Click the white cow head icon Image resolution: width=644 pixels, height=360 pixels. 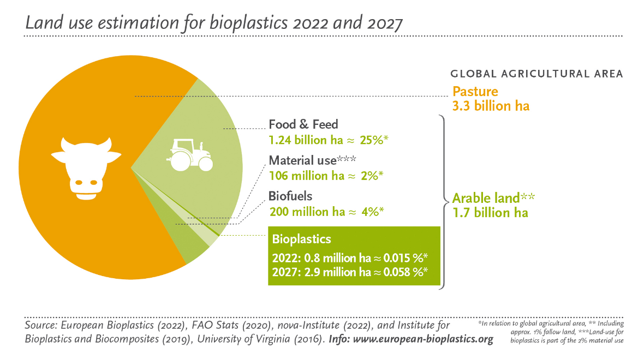[x=86, y=169]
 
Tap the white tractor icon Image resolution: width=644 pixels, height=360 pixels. [x=190, y=155]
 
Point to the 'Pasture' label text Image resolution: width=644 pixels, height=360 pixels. [x=475, y=91]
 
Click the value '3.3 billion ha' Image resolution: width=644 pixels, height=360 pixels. [x=491, y=106]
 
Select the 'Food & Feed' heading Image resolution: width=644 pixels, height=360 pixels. [x=303, y=124]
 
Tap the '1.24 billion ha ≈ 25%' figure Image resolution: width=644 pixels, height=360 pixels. [x=328, y=140]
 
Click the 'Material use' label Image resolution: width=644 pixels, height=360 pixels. [x=303, y=160]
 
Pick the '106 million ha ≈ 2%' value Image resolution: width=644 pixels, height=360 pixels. [x=326, y=176]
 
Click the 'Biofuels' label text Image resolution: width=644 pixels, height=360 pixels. [x=290, y=196]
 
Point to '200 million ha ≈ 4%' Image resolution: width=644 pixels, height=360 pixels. [x=326, y=212]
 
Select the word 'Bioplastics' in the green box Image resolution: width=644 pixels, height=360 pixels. [x=301, y=239]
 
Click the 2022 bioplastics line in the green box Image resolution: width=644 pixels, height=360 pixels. [x=350, y=258]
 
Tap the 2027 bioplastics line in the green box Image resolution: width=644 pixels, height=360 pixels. [x=350, y=272]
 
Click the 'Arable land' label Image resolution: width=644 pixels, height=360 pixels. [x=486, y=198]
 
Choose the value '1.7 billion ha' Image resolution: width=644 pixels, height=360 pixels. [x=490, y=213]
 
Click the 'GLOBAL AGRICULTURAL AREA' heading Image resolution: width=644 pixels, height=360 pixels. [x=537, y=74]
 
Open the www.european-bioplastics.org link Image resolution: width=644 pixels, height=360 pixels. [x=423, y=339]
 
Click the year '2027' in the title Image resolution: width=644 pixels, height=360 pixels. [x=385, y=23]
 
